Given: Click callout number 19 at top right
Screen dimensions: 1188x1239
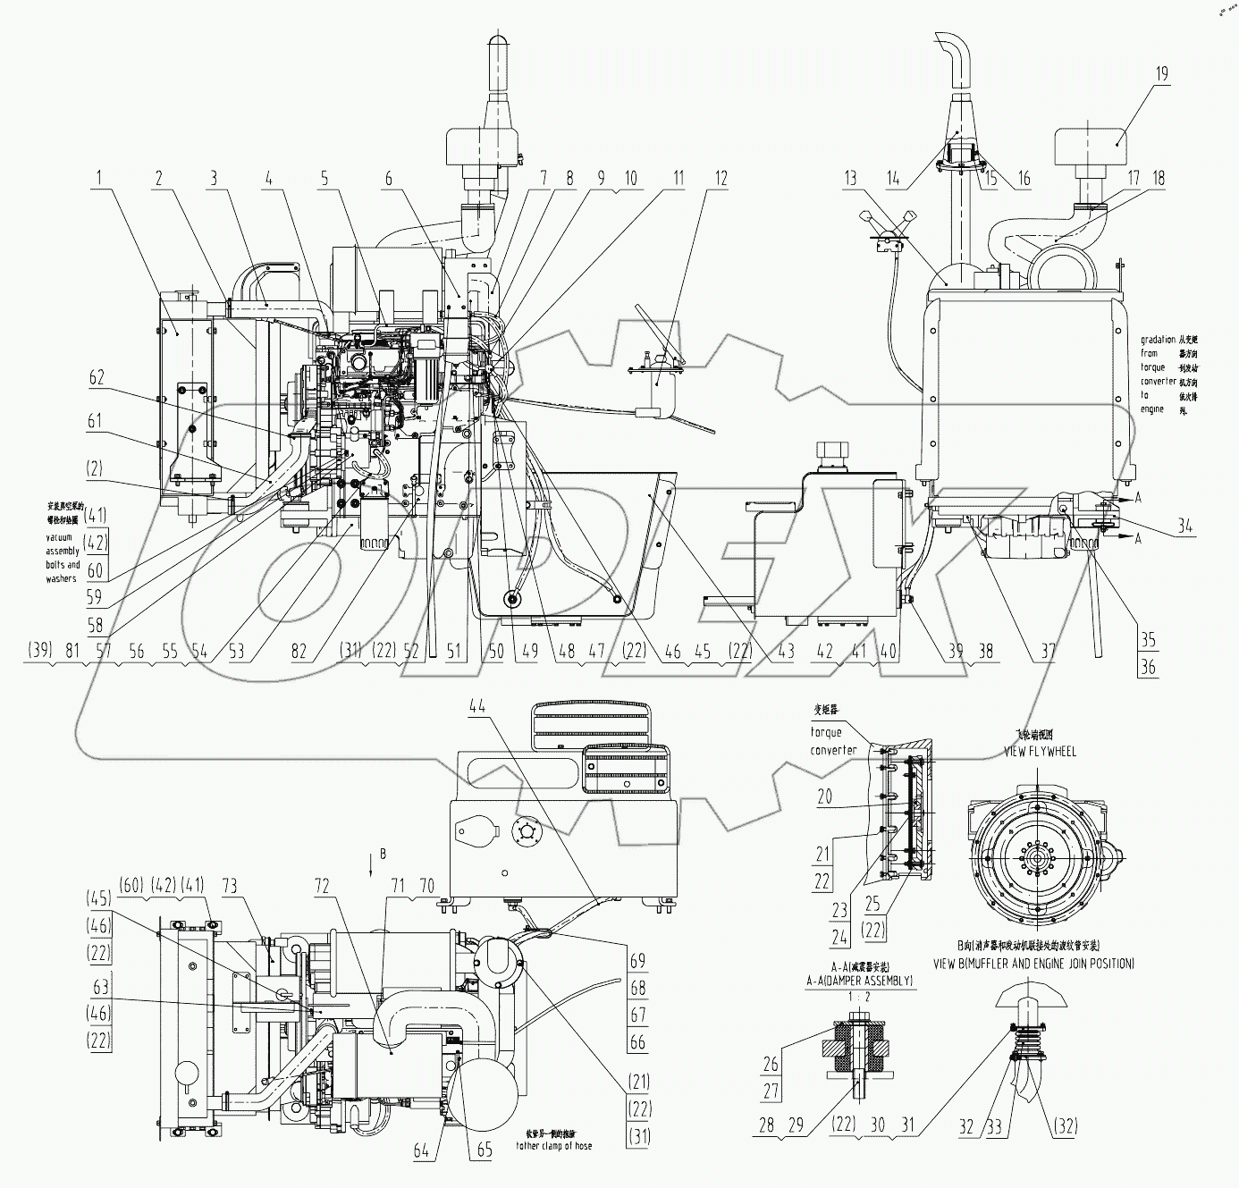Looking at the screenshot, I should pyautogui.click(x=1160, y=73).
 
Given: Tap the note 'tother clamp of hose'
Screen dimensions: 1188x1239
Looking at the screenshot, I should pyautogui.click(x=554, y=1146).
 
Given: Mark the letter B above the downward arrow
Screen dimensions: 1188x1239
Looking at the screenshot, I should pyautogui.click(x=383, y=855).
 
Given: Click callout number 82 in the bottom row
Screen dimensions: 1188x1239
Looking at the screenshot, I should pyautogui.click(x=299, y=653).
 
